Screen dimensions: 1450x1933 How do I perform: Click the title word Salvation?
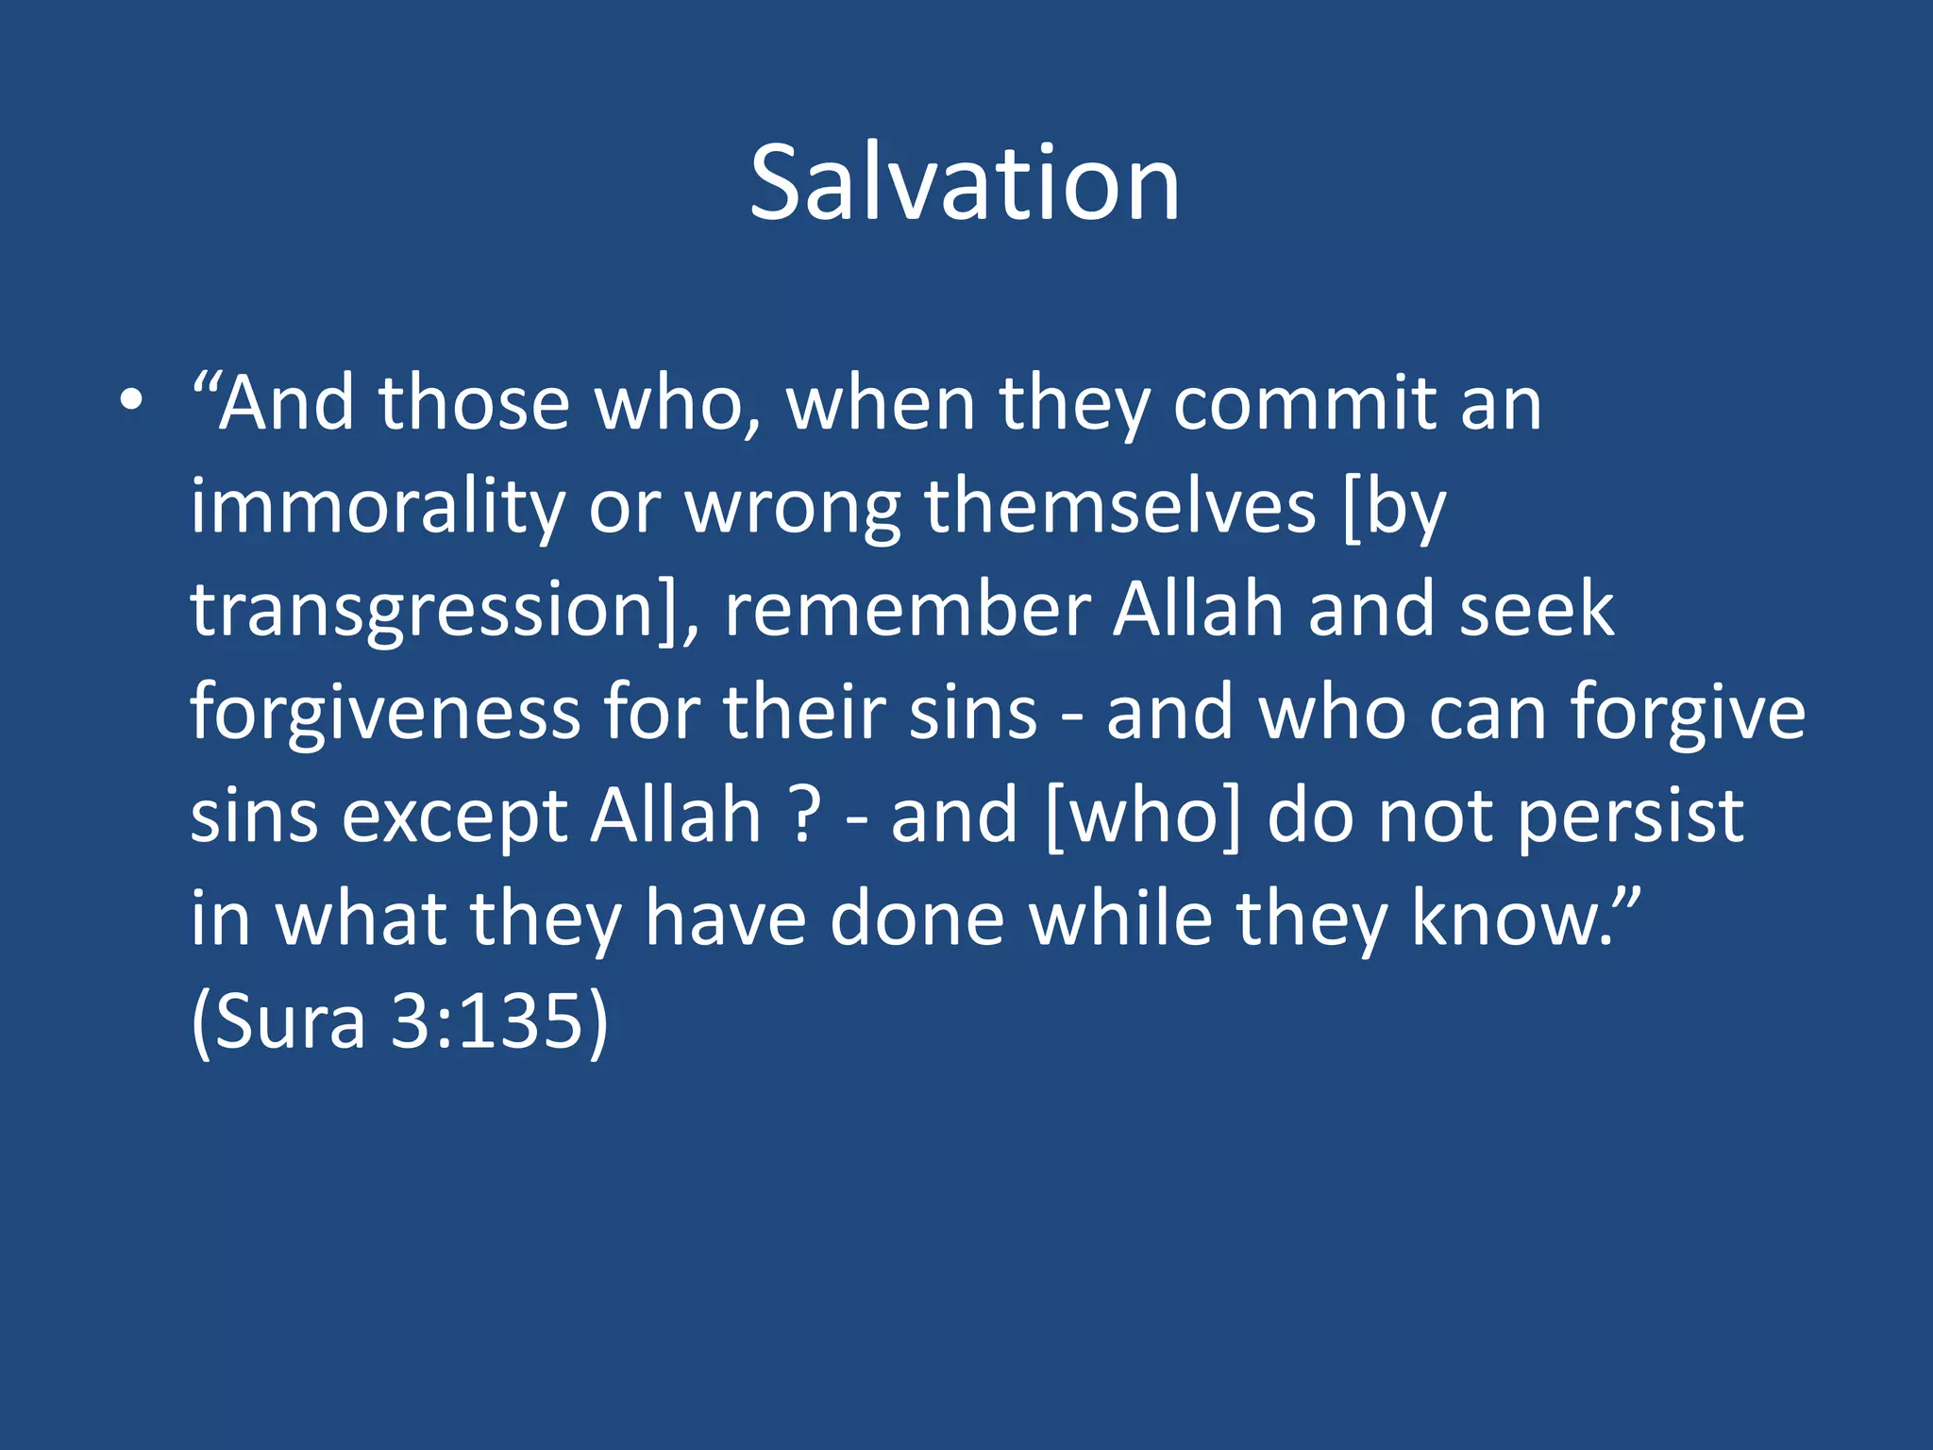click(x=965, y=183)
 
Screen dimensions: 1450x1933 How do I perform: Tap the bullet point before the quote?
click(x=131, y=402)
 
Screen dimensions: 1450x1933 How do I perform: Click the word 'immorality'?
click(x=378, y=507)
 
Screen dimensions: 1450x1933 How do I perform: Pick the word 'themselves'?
click(x=1119, y=507)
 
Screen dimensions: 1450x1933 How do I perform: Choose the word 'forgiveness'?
click(x=385, y=714)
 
